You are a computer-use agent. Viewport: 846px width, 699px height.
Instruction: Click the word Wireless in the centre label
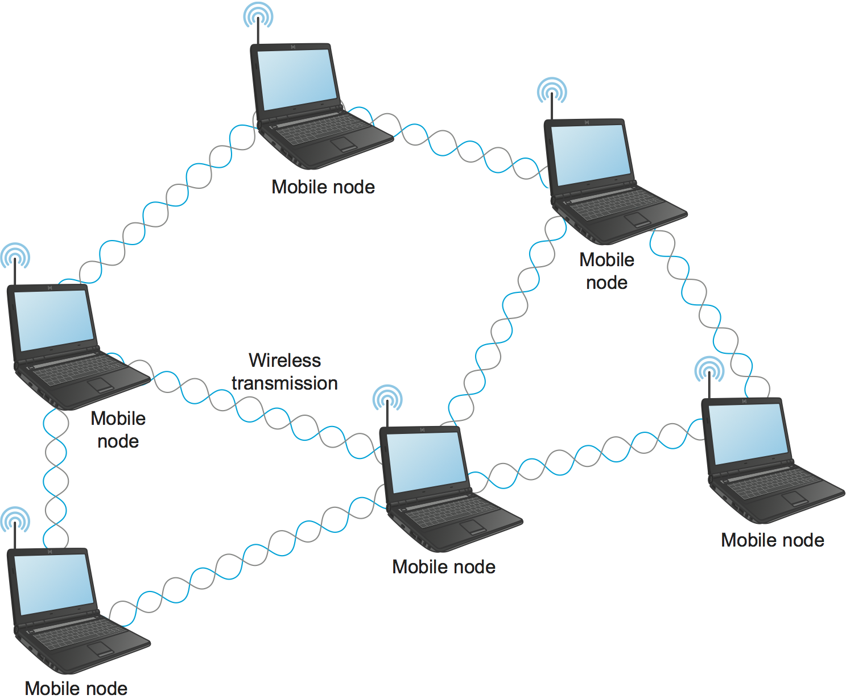[x=284, y=361]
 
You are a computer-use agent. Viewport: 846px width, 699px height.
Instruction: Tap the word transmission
[x=284, y=383]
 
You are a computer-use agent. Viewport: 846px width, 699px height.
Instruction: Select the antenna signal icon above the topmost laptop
[x=258, y=15]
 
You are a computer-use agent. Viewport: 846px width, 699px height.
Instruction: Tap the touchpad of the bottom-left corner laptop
[x=100, y=648]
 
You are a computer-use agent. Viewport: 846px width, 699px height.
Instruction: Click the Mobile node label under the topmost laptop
[x=323, y=187]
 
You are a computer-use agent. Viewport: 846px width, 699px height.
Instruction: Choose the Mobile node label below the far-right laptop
[x=773, y=540]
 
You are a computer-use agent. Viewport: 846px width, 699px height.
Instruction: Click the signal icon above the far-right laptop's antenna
[x=709, y=369]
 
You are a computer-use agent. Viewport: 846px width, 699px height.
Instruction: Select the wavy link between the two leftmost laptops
[x=56, y=466]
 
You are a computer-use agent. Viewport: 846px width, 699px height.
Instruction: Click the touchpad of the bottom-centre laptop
[x=472, y=526]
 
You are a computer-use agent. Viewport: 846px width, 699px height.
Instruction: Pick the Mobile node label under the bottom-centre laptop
[x=444, y=567]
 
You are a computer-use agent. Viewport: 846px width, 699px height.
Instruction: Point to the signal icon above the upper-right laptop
[x=552, y=90]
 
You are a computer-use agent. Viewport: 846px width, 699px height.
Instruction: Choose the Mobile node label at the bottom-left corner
[x=76, y=688]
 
